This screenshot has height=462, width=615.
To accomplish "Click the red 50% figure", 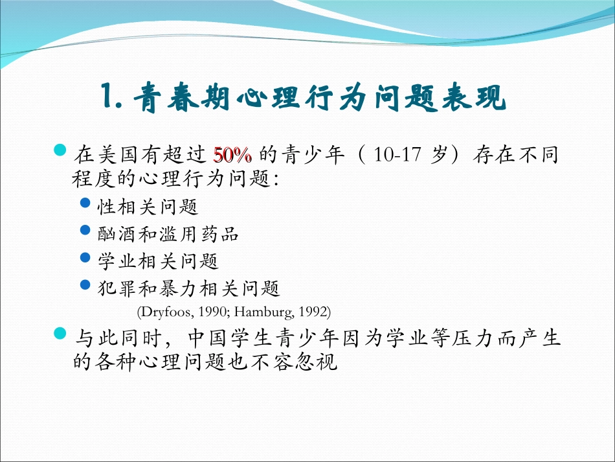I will (x=232, y=156).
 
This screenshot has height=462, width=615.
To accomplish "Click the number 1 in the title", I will (x=108, y=99).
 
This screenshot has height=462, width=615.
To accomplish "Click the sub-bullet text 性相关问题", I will (x=147, y=207).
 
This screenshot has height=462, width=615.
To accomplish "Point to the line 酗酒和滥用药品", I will (x=168, y=233).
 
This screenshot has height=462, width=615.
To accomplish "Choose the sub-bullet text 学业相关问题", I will (x=157, y=260).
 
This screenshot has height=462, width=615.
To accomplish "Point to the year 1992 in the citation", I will (x=315, y=312).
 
